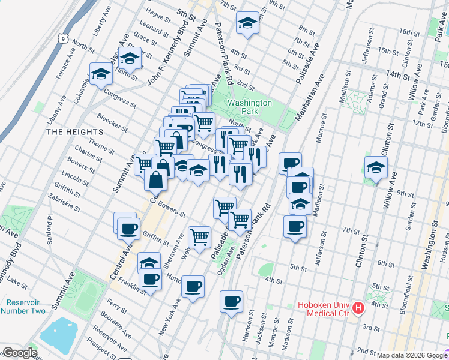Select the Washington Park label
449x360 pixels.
[249, 107]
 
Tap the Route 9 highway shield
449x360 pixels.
[62, 38]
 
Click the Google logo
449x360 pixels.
[19, 353]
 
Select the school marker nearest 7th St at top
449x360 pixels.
[246, 23]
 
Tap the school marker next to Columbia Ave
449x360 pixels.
[101, 74]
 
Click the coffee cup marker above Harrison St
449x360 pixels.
[231, 302]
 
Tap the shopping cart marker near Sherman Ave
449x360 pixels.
[199, 236]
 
